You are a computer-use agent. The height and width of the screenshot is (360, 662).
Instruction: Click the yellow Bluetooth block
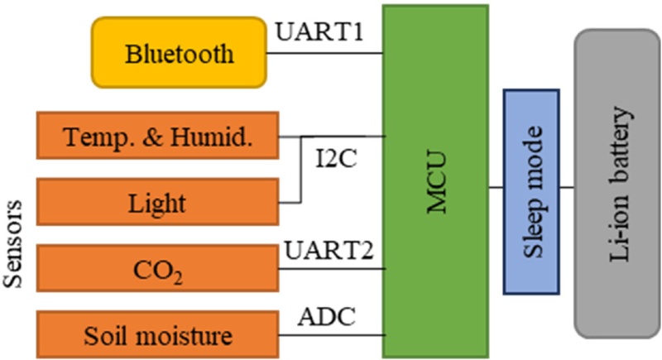(179, 54)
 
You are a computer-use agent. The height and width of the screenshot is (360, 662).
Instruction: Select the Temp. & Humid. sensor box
(156, 137)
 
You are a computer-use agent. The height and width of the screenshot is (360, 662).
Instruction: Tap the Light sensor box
(156, 202)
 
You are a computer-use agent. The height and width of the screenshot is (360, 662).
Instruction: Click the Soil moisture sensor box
(156, 334)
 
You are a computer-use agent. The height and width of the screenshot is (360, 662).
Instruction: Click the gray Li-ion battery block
(616, 184)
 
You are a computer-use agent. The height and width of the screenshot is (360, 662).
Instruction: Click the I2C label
(336, 158)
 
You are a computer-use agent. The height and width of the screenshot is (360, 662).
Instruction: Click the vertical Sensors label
(14, 240)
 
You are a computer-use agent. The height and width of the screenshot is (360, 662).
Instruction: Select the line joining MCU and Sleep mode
(496, 187)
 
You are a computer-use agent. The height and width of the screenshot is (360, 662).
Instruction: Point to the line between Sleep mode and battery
(567, 187)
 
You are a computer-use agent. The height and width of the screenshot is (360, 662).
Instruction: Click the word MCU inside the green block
(436, 182)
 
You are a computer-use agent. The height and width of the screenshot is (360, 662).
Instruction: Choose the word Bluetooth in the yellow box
(180, 55)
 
